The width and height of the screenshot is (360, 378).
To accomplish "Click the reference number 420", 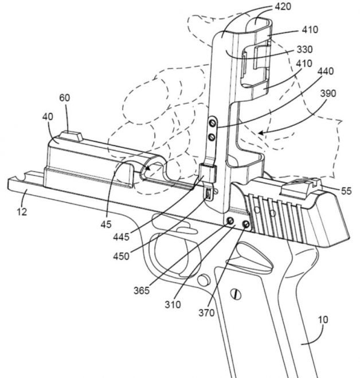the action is coord(283,6).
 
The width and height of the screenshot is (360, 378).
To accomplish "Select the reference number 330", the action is coord(305,49).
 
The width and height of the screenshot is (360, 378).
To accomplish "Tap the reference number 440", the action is coord(326,72).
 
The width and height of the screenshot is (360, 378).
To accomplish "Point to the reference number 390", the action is coord(328,93).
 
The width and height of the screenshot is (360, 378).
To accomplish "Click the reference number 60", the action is coord(65,97).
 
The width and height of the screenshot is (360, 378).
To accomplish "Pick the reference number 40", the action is coord(48,117).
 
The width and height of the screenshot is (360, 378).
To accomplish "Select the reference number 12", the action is coord(22,212).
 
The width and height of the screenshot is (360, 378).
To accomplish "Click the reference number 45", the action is coord(106,225).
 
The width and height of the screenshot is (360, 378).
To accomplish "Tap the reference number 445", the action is coord(122,237).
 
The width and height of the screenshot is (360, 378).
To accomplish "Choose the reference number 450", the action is coord(122,256).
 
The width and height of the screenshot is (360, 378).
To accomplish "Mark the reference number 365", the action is coord(142,290).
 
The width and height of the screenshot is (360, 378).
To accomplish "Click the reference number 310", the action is coord(173,305).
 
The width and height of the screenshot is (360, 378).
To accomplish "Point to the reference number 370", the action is coord(206,313).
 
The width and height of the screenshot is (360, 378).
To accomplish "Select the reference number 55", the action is coord(346,191).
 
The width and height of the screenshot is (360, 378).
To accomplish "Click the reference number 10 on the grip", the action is coord(323,320).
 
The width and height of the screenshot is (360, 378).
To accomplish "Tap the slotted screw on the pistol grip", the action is coord(236,294).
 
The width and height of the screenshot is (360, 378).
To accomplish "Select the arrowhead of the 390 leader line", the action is coord(260,133).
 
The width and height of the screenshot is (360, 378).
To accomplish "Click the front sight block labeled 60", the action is coord(72,136).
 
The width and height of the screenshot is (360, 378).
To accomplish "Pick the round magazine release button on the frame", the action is coord(204,280).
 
